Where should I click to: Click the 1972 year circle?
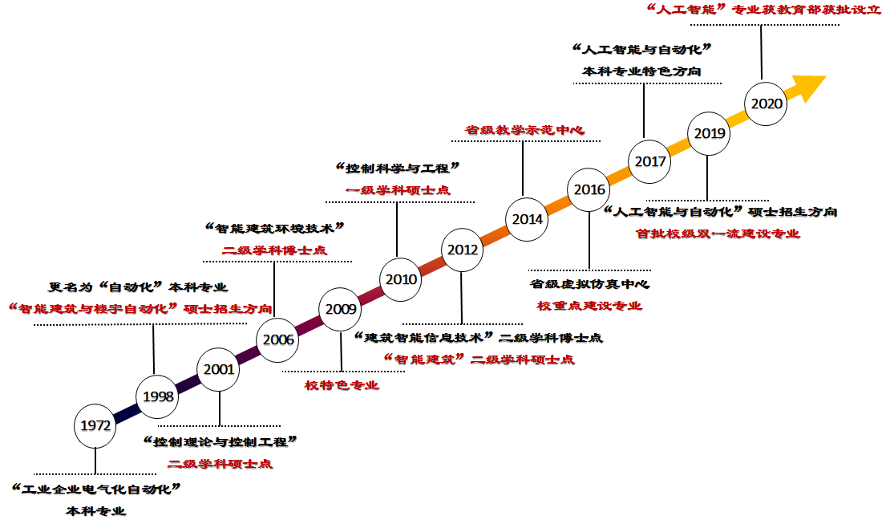pos(95,425)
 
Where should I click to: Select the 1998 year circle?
pos(159,396)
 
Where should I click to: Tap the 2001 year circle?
pos(219,369)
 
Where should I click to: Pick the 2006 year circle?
pos(278,339)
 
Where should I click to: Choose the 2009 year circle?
pos(342,308)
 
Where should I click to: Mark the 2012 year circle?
pos(463,250)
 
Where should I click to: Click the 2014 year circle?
pos(528,219)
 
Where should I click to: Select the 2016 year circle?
pos(589,189)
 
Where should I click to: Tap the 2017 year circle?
pos(649,161)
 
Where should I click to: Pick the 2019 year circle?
pos(710,133)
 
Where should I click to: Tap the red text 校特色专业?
pos(342,385)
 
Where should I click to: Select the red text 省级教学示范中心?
pos(525,129)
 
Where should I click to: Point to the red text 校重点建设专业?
pos(589,306)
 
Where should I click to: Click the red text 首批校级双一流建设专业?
pos(718,234)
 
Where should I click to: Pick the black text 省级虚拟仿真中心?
pos(589,284)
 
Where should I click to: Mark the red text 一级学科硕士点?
pos(398,190)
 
